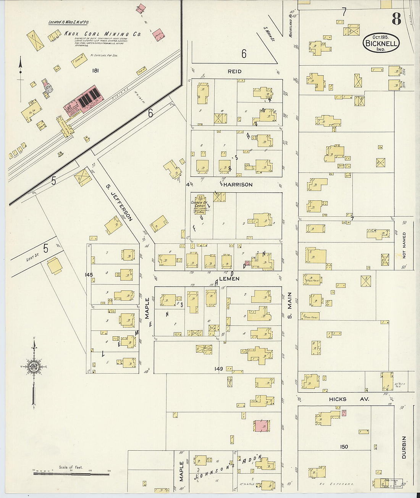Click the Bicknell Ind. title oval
click(x=381, y=43)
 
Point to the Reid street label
click(x=234, y=71)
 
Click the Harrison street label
click(x=240, y=185)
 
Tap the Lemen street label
click(x=229, y=279)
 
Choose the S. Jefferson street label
click(x=120, y=208)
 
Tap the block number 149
click(x=218, y=369)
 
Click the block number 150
click(x=344, y=446)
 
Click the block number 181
click(x=95, y=71)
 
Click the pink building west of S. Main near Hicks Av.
click(x=262, y=426)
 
